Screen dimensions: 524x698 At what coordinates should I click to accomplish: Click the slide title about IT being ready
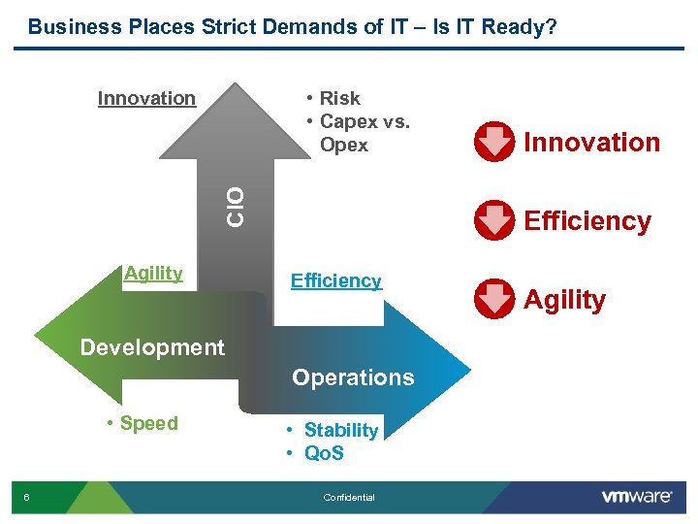(292, 26)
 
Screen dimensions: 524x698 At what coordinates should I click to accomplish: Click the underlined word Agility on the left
(153, 274)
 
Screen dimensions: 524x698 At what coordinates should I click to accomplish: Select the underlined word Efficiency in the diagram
(335, 280)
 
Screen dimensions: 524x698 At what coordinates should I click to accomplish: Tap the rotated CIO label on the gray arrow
(236, 206)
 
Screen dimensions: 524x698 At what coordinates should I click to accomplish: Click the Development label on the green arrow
(152, 347)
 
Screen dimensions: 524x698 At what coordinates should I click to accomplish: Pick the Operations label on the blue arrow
(353, 377)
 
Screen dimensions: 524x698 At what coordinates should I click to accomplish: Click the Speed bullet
(143, 423)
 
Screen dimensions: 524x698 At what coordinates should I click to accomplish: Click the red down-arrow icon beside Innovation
(494, 142)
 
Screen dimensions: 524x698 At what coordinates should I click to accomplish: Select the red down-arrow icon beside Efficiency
(494, 220)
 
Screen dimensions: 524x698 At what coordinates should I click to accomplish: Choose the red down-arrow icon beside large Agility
(494, 299)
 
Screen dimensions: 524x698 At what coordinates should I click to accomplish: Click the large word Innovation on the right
(591, 143)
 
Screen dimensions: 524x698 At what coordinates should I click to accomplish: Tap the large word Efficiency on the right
(587, 221)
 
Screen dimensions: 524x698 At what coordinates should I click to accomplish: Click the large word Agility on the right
(564, 300)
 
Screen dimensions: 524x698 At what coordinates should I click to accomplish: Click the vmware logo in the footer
(637, 497)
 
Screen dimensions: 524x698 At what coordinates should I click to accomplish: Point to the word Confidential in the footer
(348, 498)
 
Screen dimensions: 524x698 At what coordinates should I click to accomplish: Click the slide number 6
(27, 498)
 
